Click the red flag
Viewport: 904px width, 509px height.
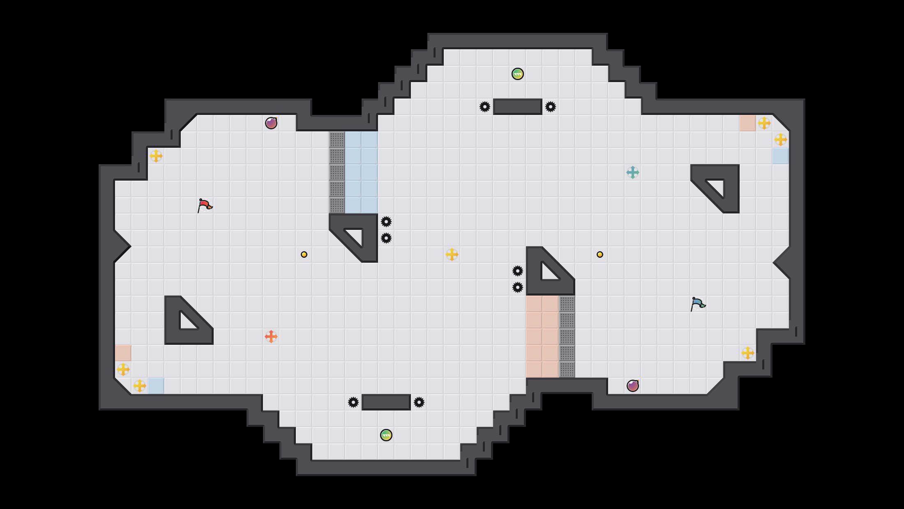(204, 205)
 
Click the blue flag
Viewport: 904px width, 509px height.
(697, 303)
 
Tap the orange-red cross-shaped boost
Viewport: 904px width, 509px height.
(271, 337)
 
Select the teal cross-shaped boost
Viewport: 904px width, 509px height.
(633, 172)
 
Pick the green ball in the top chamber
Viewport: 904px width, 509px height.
(518, 74)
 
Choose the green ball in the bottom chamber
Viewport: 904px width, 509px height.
(386, 435)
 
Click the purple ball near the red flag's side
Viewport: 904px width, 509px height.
(271, 123)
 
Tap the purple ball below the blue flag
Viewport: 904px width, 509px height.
(633, 386)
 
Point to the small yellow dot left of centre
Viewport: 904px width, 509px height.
(304, 254)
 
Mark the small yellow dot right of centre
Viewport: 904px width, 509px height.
(600, 254)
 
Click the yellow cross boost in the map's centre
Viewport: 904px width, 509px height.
(452, 254)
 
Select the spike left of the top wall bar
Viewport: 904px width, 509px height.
(485, 107)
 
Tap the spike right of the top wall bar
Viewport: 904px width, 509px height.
(551, 107)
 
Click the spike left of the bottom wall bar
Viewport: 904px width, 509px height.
(353, 402)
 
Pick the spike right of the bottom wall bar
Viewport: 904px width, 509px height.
(419, 402)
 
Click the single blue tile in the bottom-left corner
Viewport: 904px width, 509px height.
(156, 386)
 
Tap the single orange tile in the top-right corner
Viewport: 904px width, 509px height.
(748, 123)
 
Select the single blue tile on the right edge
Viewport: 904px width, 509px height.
(781, 156)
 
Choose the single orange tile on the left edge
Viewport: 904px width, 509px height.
(123, 353)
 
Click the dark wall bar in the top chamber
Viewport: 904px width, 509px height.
(518, 107)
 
